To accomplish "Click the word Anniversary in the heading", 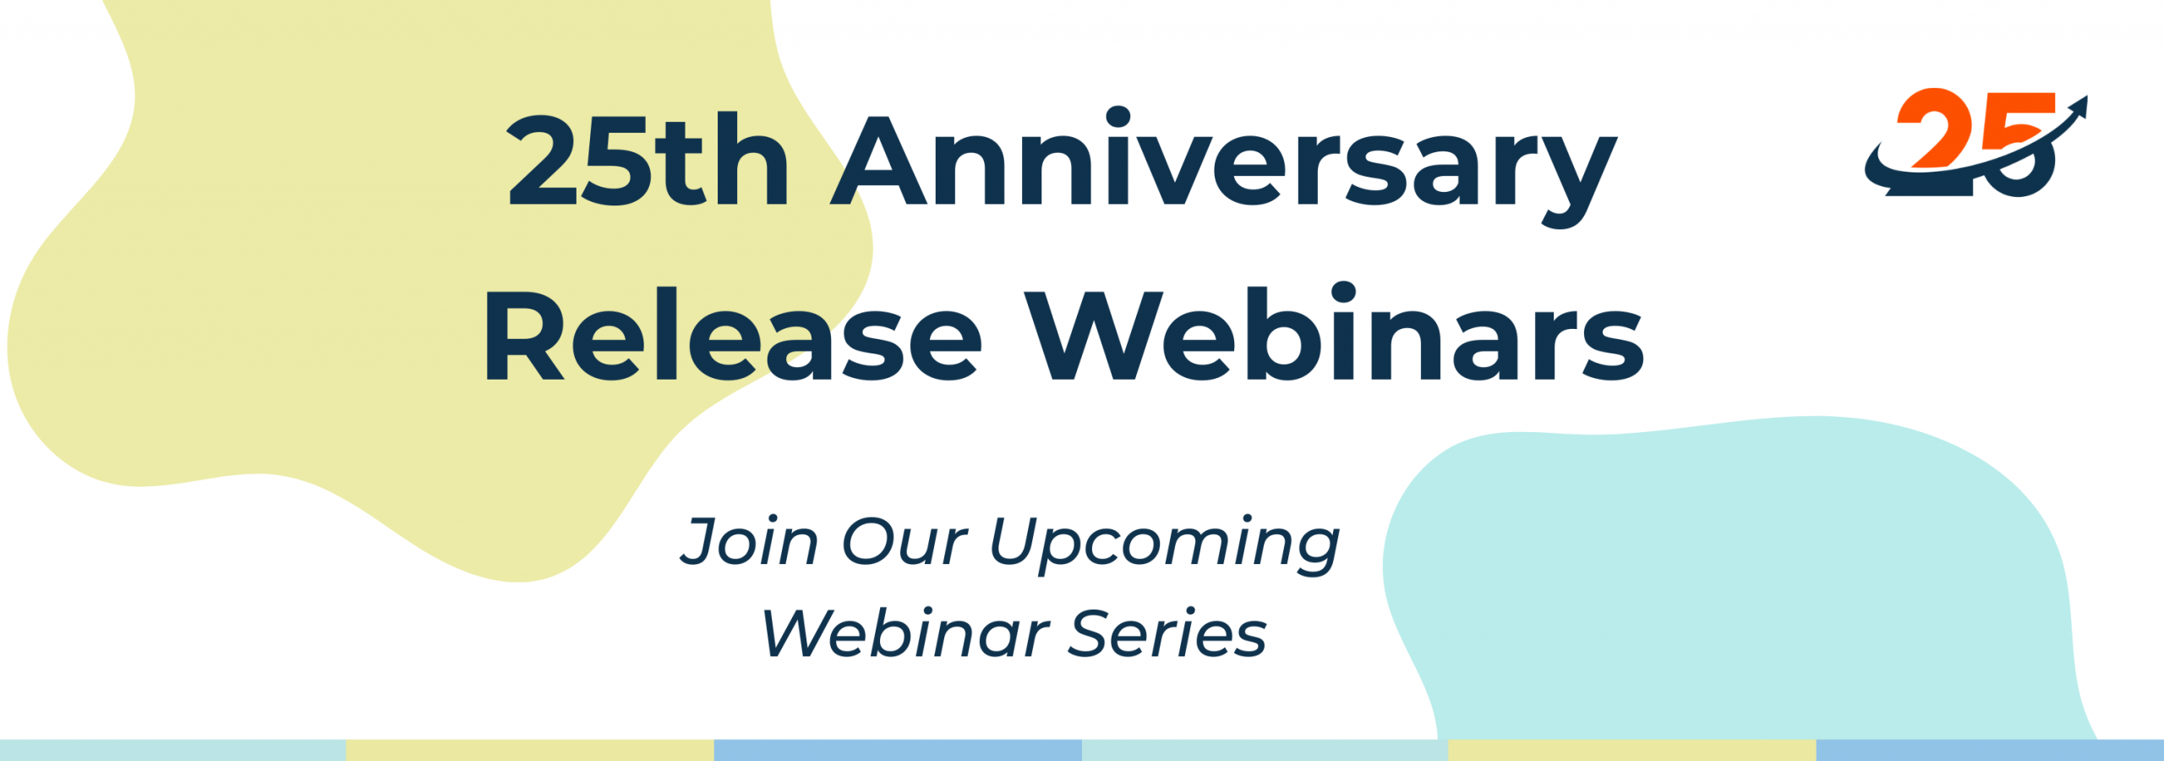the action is pyautogui.click(x=1223, y=167).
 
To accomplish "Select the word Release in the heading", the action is pyautogui.click(x=732, y=335).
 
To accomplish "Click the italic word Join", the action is pyautogui.click(x=750, y=541).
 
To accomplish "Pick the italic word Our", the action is pyautogui.click(x=904, y=541).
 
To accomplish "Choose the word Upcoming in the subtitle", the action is pyautogui.click(x=1165, y=546).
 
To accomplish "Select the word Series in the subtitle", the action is pyautogui.click(x=1167, y=634).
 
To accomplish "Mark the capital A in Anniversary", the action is pyautogui.click(x=879, y=161).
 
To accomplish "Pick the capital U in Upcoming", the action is pyautogui.click(x=1018, y=541).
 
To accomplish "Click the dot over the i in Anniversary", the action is pyautogui.click(x=1118, y=118).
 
